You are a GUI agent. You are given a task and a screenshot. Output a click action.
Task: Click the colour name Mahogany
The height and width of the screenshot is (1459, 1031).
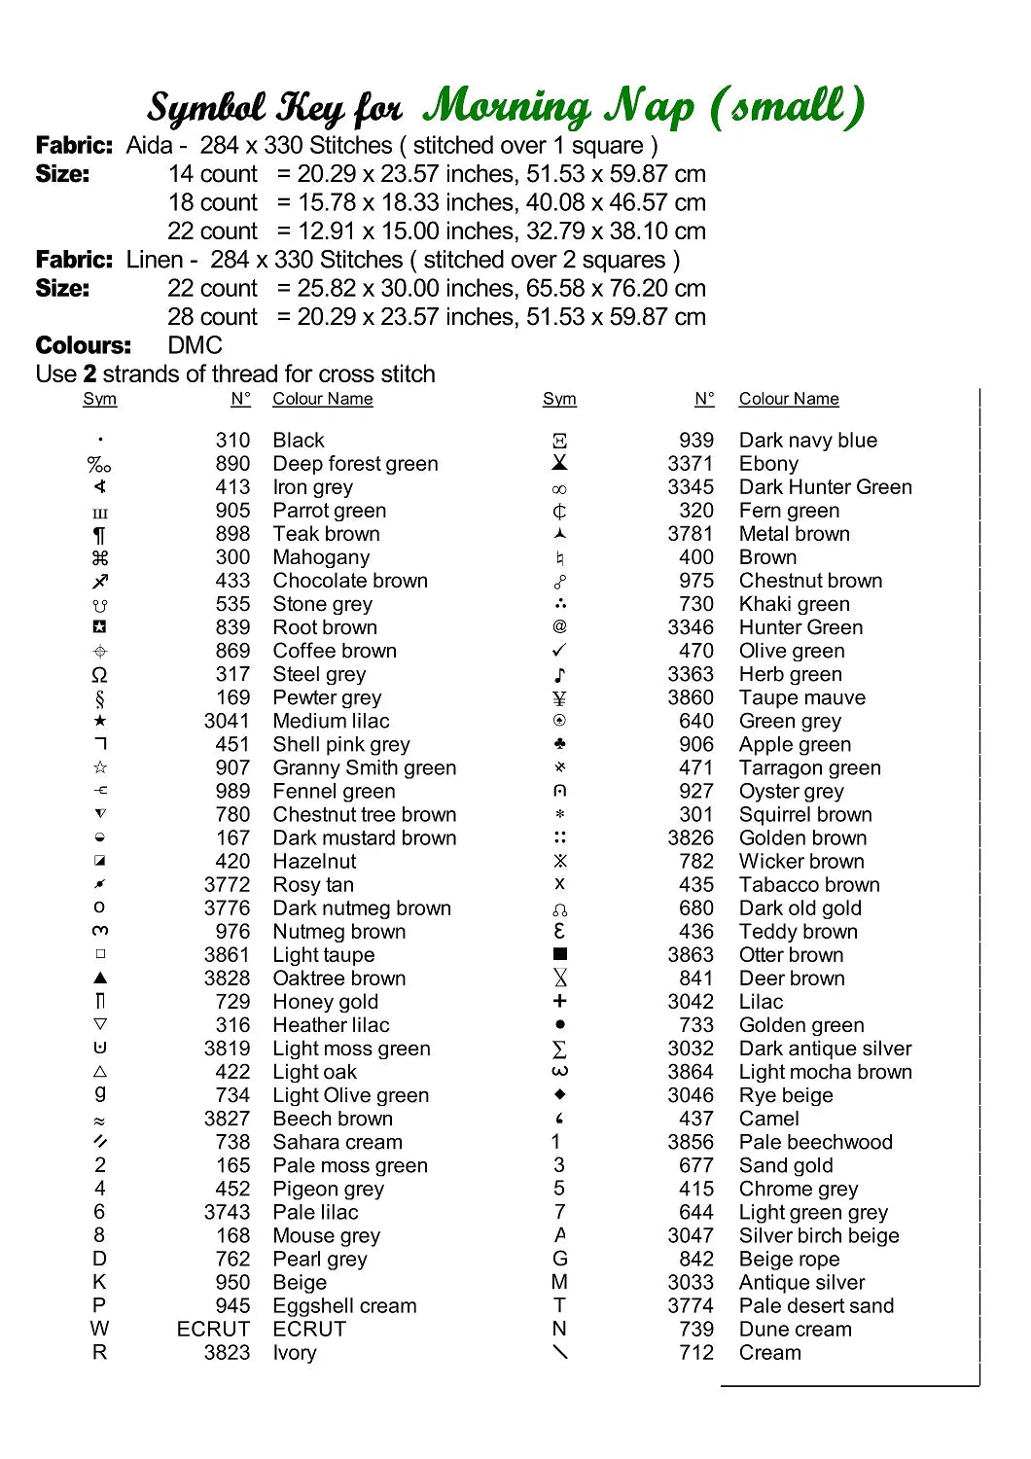(321, 557)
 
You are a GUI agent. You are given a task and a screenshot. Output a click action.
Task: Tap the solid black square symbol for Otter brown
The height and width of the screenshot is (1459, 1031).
(559, 954)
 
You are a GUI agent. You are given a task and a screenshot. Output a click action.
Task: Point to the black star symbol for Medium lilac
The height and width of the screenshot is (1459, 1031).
(100, 721)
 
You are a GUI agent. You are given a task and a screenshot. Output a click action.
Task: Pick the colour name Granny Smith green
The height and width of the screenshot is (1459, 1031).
(364, 767)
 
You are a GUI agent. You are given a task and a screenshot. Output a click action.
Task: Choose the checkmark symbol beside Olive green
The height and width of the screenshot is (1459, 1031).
(559, 650)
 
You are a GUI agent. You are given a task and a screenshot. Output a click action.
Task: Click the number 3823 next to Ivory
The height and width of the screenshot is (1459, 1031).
(227, 1352)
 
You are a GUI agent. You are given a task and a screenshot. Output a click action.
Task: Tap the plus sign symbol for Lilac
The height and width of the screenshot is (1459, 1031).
(559, 1001)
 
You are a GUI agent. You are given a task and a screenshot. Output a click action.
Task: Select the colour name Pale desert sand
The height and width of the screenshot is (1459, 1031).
(815, 1305)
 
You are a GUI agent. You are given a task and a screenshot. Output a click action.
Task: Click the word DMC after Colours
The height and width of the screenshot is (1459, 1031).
(195, 345)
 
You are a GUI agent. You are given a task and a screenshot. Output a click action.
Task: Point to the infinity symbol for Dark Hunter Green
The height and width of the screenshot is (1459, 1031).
(559, 488)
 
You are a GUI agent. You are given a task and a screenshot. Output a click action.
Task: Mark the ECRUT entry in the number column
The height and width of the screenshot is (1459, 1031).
(213, 1329)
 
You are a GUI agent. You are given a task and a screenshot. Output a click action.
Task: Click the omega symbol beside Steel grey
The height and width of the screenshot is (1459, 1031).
(99, 674)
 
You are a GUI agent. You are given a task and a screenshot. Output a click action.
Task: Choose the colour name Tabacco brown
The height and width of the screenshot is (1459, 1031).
(808, 884)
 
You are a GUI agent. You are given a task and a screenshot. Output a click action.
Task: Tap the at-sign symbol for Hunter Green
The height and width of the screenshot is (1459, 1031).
(559, 626)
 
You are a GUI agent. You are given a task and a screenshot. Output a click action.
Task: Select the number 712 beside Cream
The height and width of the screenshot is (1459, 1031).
(696, 1352)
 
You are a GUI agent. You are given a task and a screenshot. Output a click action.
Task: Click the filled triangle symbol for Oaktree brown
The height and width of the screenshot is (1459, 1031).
(100, 978)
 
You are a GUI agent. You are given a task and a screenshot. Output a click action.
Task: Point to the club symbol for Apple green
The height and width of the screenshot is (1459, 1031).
(559, 744)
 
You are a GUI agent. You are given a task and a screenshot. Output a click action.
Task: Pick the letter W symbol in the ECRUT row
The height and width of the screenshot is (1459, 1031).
(99, 1329)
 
